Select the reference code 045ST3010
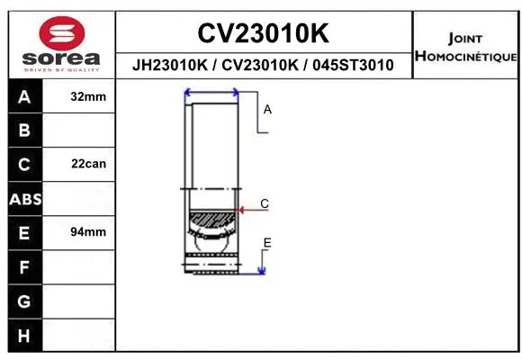coord(352,65)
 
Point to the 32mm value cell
coord(88,95)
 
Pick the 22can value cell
coord(88,164)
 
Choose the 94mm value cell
coord(88,232)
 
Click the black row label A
coord(24,96)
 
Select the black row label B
coord(24,130)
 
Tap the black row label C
coord(24,165)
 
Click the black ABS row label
coord(24,199)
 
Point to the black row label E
coord(24,233)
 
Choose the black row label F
coord(24,267)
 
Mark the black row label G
coord(24,301)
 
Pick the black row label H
coord(24,335)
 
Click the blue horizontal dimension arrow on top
coord(211,92)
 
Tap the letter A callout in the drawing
coord(267,110)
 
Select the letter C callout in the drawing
coord(265,204)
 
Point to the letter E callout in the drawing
coord(267,243)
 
